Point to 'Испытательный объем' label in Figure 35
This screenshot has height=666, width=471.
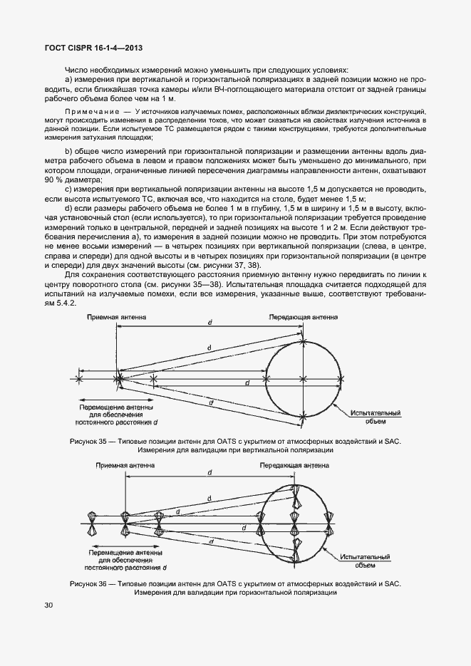pos(377,417)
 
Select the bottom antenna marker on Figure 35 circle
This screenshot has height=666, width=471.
pos(304,414)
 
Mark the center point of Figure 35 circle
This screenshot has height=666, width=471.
pos(304,378)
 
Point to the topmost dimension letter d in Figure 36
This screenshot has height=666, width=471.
pos(209,473)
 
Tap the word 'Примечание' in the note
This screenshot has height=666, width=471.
pos(90,112)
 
